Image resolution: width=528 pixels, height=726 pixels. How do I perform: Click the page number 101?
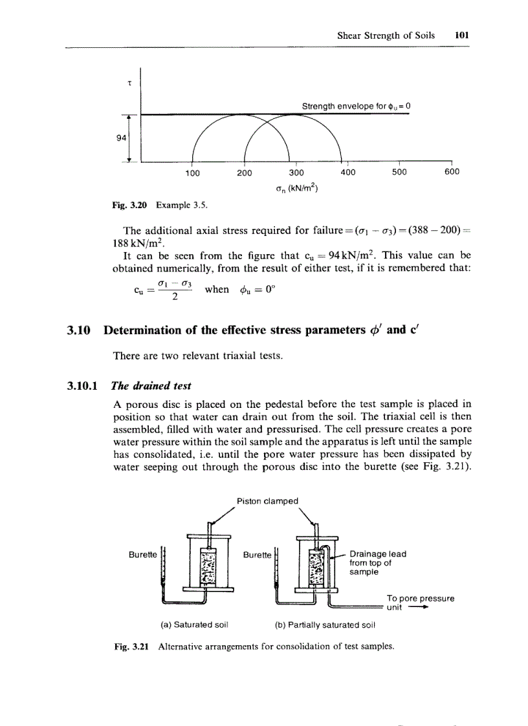(461, 36)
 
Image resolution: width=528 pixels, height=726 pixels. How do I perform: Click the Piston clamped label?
(267, 500)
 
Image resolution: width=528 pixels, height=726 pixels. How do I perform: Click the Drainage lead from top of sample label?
(377, 563)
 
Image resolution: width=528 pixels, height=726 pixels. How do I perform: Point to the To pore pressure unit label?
(419, 603)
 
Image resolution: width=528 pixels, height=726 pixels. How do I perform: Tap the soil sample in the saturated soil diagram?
(208, 566)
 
